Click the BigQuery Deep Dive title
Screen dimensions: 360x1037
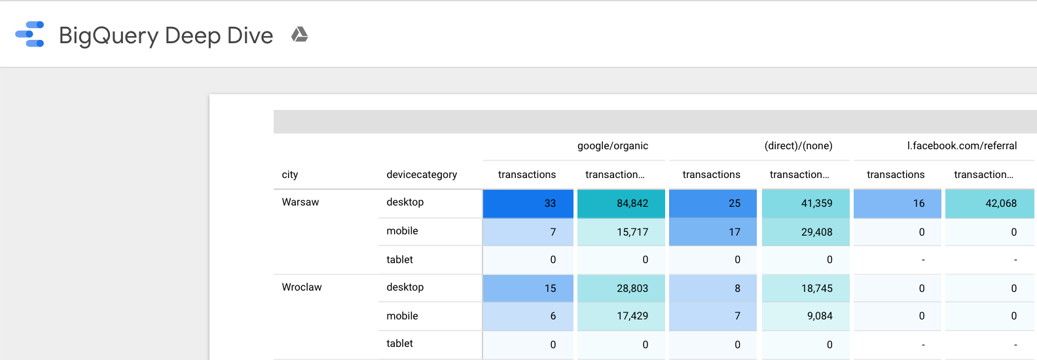166,35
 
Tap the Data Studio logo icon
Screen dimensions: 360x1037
30,35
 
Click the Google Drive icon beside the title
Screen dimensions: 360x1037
299,35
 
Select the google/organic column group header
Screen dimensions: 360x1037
612,146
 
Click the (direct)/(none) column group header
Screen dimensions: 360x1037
798,146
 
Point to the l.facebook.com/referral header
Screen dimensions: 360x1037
961,146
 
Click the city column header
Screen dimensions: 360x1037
290,175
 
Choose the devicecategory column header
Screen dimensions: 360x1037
422,175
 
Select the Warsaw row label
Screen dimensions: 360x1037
300,202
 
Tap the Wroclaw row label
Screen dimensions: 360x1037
302,287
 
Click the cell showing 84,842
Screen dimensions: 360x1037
621,204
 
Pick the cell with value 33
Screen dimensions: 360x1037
528,204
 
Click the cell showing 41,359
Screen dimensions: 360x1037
806,204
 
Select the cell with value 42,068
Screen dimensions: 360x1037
990,204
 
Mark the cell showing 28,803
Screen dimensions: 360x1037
621,289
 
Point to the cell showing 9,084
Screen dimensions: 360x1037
806,316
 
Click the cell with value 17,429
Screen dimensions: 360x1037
621,316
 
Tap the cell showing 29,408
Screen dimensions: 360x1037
806,232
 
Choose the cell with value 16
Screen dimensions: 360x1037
898,204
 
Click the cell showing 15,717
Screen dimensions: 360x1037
621,232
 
